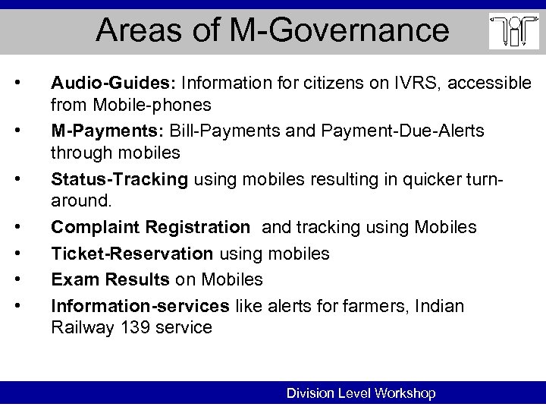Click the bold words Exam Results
[x=110, y=280]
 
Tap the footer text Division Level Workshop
[x=360, y=393]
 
